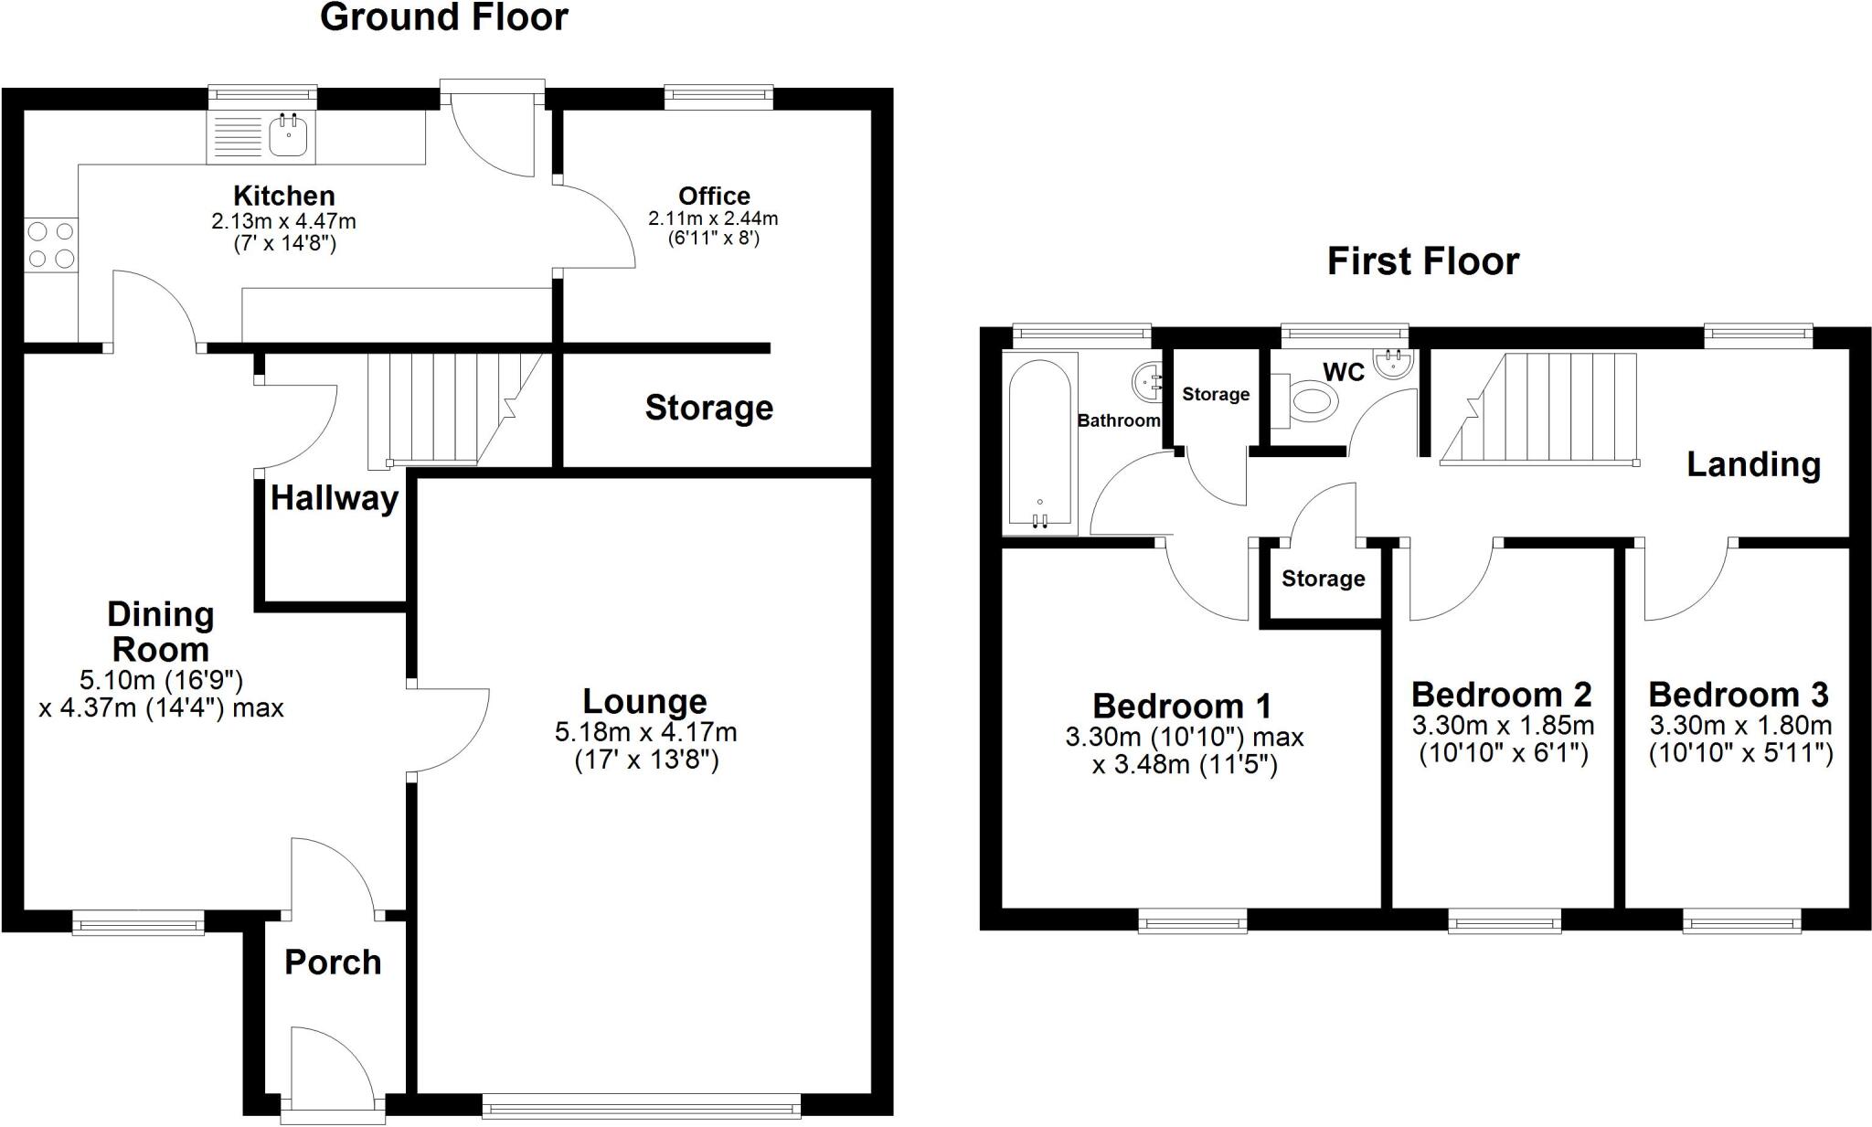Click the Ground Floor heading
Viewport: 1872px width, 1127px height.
coord(444,17)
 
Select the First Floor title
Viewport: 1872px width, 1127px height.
coord(1422,261)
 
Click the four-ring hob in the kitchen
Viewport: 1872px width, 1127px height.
coord(51,245)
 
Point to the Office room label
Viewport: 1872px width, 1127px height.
coord(714,196)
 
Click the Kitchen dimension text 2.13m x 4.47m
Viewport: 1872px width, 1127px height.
coord(283,220)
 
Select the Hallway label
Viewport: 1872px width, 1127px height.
coord(335,498)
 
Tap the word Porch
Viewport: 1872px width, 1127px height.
coord(333,962)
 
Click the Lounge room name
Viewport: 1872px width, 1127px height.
coord(645,701)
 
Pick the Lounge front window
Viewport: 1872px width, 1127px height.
coord(641,1108)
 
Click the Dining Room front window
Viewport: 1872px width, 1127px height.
coord(138,922)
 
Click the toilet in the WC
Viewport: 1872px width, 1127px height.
coord(1309,402)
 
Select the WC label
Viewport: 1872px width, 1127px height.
coord(1344,372)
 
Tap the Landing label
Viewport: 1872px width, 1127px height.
coord(1753,464)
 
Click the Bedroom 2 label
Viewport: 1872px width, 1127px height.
coord(1501,695)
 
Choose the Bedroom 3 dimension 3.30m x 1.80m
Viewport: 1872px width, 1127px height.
coord(1740,726)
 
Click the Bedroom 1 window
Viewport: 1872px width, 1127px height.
coord(1192,920)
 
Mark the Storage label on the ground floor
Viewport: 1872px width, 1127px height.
coord(708,408)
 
